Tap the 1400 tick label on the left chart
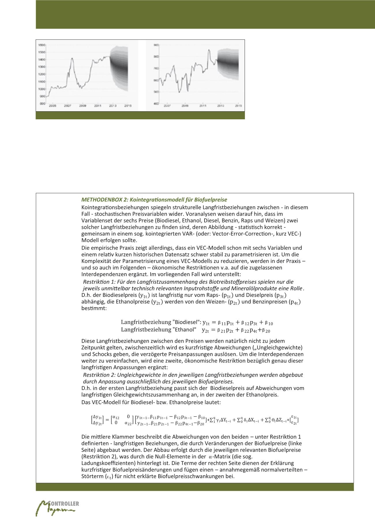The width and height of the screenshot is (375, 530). click(x=42, y=60)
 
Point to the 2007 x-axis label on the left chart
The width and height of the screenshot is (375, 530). click(x=67, y=106)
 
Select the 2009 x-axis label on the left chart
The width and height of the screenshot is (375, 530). click(x=83, y=106)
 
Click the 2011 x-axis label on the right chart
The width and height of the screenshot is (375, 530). click(x=203, y=106)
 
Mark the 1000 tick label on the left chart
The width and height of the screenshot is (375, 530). click(x=42, y=89)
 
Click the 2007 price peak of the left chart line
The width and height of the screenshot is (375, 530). click(x=72, y=58)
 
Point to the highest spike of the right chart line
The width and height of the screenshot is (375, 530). click(x=209, y=50)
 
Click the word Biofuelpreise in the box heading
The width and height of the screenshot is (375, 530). click(x=211, y=200)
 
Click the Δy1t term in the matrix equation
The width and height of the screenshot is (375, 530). click(x=97, y=417)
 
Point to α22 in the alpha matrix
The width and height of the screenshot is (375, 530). click(x=128, y=423)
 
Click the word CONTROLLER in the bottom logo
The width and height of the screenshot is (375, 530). click(x=64, y=504)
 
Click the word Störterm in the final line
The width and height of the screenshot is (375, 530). click(x=93, y=476)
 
